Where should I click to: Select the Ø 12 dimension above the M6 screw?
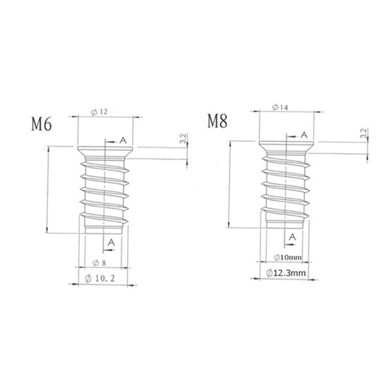pyautogui.click(x=100, y=112)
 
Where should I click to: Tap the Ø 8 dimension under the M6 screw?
pyautogui.click(x=100, y=262)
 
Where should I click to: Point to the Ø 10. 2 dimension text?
pyautogui.click(x=104, y=278)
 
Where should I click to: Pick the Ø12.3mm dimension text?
pyautogui.click(x=287, y=274)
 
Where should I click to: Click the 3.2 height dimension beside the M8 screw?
pyautogui.click(x=363, y=134)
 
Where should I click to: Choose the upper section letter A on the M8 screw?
pyautogui.click(x=304, y=135)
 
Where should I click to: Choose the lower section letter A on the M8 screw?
pyautogui.click(x=293, y=237)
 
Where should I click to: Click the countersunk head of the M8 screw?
pyautogui.click(x=287, y=146)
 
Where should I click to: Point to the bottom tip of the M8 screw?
pyautogui.click(x=287, y=223)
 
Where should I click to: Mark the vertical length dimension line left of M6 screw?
pyautogui.click(x=48, y=190)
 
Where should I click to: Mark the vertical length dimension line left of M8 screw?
pyautogui.click(x=229, y=184)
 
